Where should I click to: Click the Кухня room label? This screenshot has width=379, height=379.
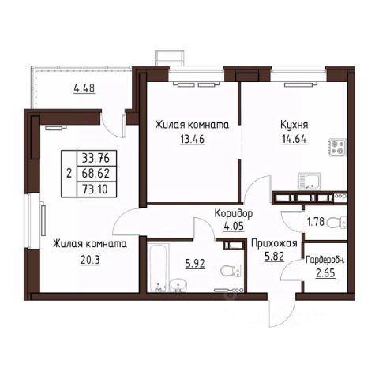(x=295, y=125)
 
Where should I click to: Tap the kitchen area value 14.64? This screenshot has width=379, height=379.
(x=295, y=139)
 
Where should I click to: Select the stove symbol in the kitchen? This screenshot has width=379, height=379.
(x=337, y=147)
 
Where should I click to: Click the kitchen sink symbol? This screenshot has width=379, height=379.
(x=310, y=182)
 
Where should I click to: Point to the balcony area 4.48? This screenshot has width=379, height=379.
(x=84, y=88)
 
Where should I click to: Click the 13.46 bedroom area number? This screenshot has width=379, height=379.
(x=192, y=139)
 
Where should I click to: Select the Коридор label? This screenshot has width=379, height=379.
(x=234, y=213)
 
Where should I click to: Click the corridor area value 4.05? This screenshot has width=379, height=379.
(x=234, y=227)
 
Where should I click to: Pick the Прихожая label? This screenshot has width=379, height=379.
(x=274, y=244)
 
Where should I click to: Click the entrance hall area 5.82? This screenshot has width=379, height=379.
(x=274, y=257)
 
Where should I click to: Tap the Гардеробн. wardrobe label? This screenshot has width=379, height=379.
(x=325, y=261)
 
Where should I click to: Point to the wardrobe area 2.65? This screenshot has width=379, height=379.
(x=325, y=273)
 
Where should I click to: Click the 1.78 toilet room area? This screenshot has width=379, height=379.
(x=316, y=222)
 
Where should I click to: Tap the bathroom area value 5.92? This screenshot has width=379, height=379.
(x=195, y=264)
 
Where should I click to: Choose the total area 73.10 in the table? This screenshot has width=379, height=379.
(x=95, y=189)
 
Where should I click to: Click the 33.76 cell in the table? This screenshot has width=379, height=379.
(x=96, y=159)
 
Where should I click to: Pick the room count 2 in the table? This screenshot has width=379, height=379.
(x=69, y=174)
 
